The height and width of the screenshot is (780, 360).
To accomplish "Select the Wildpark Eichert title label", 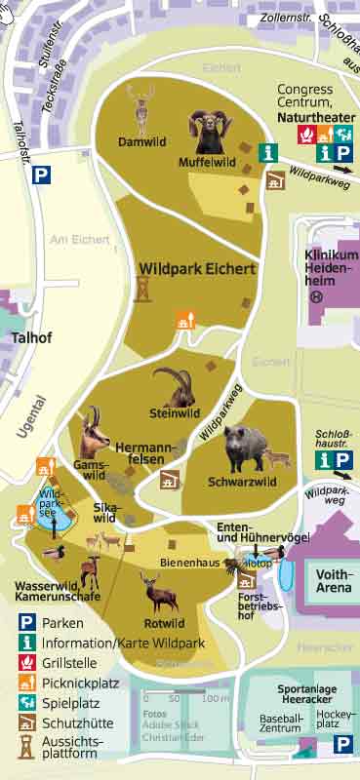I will tap(197, 268).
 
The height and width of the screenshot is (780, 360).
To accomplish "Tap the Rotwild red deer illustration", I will tap(152, 591).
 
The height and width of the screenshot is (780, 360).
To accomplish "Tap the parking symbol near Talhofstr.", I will tap(42, 175).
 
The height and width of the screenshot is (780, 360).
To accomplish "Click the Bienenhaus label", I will tap(190, 564).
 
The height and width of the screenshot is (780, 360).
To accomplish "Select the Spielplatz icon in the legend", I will tap(27, 701).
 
